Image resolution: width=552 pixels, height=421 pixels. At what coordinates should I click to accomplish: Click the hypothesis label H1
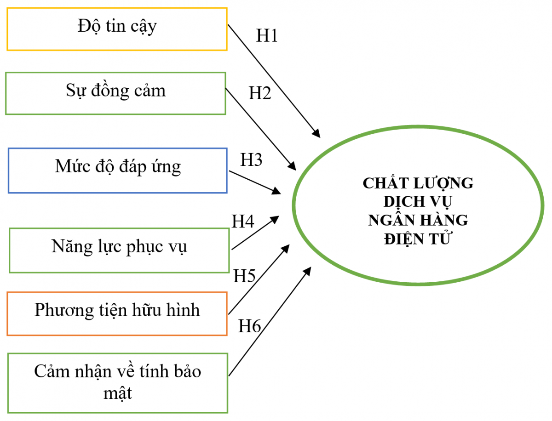(267, 36)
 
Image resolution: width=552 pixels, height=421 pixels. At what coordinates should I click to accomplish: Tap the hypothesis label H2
(260, 93)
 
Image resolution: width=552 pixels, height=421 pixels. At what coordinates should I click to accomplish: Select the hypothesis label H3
(252, 159)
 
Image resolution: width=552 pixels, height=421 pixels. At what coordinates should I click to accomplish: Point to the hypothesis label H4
(243, 222)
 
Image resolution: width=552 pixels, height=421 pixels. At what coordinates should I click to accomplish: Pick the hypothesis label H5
(244, 276)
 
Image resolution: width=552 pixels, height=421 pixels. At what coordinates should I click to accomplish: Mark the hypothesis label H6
(250, 326)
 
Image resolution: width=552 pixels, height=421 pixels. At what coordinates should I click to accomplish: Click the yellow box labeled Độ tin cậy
(117, 28)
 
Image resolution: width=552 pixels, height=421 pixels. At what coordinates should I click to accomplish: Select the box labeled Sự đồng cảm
(115, 93)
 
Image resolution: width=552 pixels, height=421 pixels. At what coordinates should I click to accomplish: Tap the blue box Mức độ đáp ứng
(118, 170)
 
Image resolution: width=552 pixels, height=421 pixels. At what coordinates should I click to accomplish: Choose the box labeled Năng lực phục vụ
(119, 250)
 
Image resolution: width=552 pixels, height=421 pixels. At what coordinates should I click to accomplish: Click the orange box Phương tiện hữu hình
(117, 313)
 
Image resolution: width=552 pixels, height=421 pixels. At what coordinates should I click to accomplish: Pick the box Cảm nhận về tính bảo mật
(118, 382)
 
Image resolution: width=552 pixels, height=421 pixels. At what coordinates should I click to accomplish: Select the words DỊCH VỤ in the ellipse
(418, 201)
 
